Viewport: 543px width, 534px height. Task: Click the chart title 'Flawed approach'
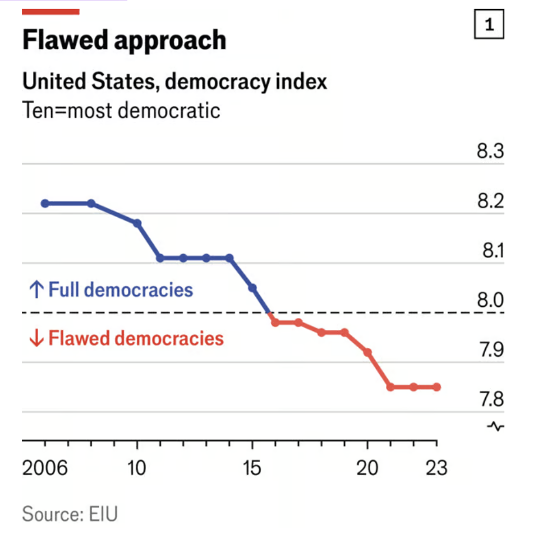point(125,41)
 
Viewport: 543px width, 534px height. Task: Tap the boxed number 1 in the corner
point(489,25)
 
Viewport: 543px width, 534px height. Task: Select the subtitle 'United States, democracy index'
point(174,82)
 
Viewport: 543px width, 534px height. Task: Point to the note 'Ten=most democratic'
point(121,110)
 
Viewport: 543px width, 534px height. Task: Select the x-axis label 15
point(252,468)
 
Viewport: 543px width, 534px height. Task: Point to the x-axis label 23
point(436,468)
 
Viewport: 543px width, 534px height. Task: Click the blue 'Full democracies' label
point(111,290)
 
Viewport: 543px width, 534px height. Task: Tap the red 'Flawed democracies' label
point(126,339)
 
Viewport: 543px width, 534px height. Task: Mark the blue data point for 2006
point(45,203)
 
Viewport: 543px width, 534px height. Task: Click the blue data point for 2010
point(137,223)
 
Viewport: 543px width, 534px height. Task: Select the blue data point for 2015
point(252,288)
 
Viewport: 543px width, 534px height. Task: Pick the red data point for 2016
point(275,323)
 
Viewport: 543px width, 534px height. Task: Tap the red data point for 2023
point(436,387)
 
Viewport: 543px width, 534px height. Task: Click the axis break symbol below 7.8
point(496,427)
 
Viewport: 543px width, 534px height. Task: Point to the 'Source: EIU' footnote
point(70,514)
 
